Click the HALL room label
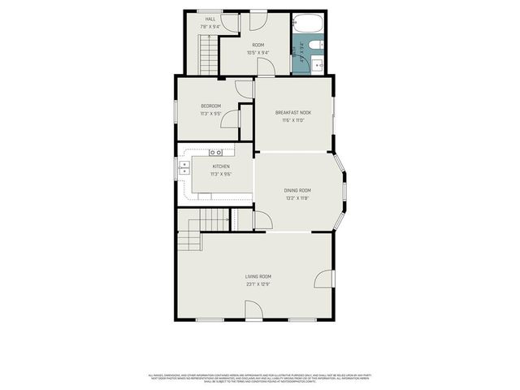[x=210, y=18]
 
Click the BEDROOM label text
[x=211, y=106]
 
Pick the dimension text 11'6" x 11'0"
[x=293, y=120]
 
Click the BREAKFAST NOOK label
[x=293, y=112]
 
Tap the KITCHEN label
[x=221, y=167]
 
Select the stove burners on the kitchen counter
[x=215, y=153]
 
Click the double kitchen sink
[x=184, y=171]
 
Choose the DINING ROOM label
[x=297, y=190]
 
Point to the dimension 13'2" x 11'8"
[x=297, y=197]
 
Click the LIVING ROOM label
[x=258, y=277]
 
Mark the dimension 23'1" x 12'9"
[x=258, y=284]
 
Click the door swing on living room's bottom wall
[x=253, y=310]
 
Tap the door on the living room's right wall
[x=324, y=279]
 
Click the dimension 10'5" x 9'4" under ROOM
[x=258, y=52]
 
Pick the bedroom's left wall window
[x=176, y=111]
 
